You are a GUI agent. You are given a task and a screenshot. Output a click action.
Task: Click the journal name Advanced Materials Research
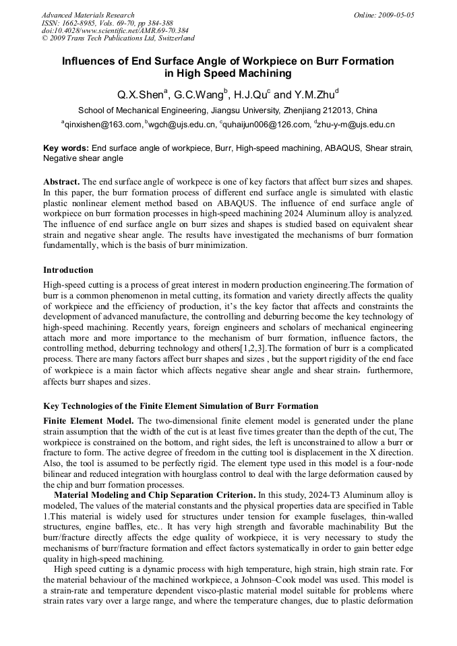88,15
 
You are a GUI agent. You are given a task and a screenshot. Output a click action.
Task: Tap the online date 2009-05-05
394,15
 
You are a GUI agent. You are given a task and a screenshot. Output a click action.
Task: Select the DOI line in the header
115,30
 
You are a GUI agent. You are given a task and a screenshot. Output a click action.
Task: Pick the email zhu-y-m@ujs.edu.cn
356,125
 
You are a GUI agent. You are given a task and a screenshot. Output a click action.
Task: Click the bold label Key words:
65,148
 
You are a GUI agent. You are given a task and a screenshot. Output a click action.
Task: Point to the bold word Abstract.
61,183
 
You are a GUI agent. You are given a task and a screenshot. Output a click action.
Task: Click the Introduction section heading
68,270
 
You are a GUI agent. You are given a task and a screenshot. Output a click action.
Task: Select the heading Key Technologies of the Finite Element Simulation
181,406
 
